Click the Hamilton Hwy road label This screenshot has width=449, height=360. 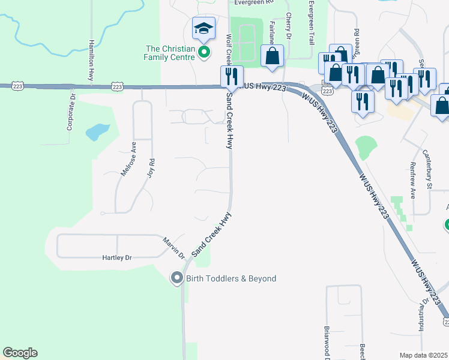pos(91,61)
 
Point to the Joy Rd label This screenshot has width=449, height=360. pos(151,166)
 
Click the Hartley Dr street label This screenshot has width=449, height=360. pos(116,257)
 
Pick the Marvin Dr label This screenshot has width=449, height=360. pos(174,247)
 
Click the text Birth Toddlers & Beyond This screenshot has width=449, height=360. pos(231,278)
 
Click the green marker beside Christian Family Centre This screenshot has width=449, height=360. pos(204,52)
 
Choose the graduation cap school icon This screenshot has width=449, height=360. pos(203,28)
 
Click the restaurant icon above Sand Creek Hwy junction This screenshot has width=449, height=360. pos(229,76)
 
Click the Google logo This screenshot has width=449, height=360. pos(20,353)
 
